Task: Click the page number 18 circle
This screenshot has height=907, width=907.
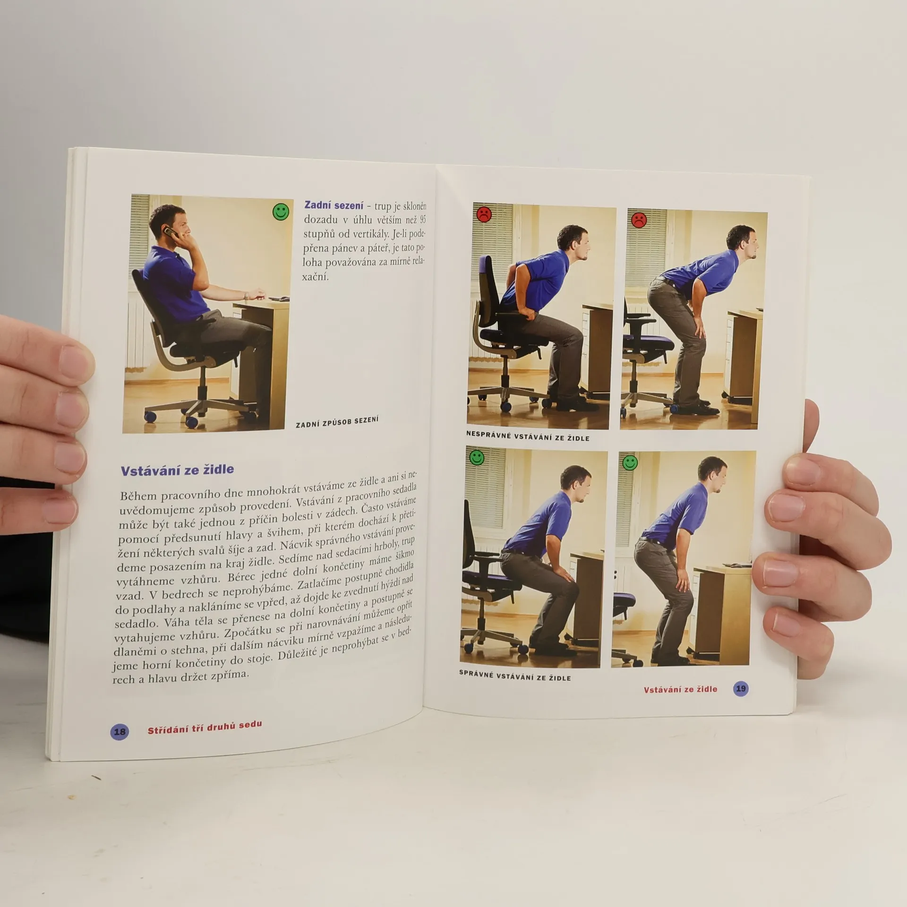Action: coord(120,732)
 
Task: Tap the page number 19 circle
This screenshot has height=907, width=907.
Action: coord(741,689)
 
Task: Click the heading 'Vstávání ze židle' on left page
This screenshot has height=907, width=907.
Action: coord(177,470)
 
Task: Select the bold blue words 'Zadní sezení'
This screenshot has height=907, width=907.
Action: coord(334,205)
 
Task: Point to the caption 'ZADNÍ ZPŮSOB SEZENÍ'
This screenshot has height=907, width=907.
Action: coord(337,422)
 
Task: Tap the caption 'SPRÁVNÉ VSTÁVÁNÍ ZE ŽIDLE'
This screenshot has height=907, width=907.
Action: coord(515,676)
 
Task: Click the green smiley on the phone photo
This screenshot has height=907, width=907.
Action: coord(281,212)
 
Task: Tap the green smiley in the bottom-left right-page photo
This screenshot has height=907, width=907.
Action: coord(477,457)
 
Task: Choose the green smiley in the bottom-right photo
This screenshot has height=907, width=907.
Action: coord(630,463)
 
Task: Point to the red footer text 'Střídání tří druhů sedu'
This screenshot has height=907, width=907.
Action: coord(205,728)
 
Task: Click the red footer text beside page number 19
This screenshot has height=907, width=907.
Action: coord(680,689)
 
